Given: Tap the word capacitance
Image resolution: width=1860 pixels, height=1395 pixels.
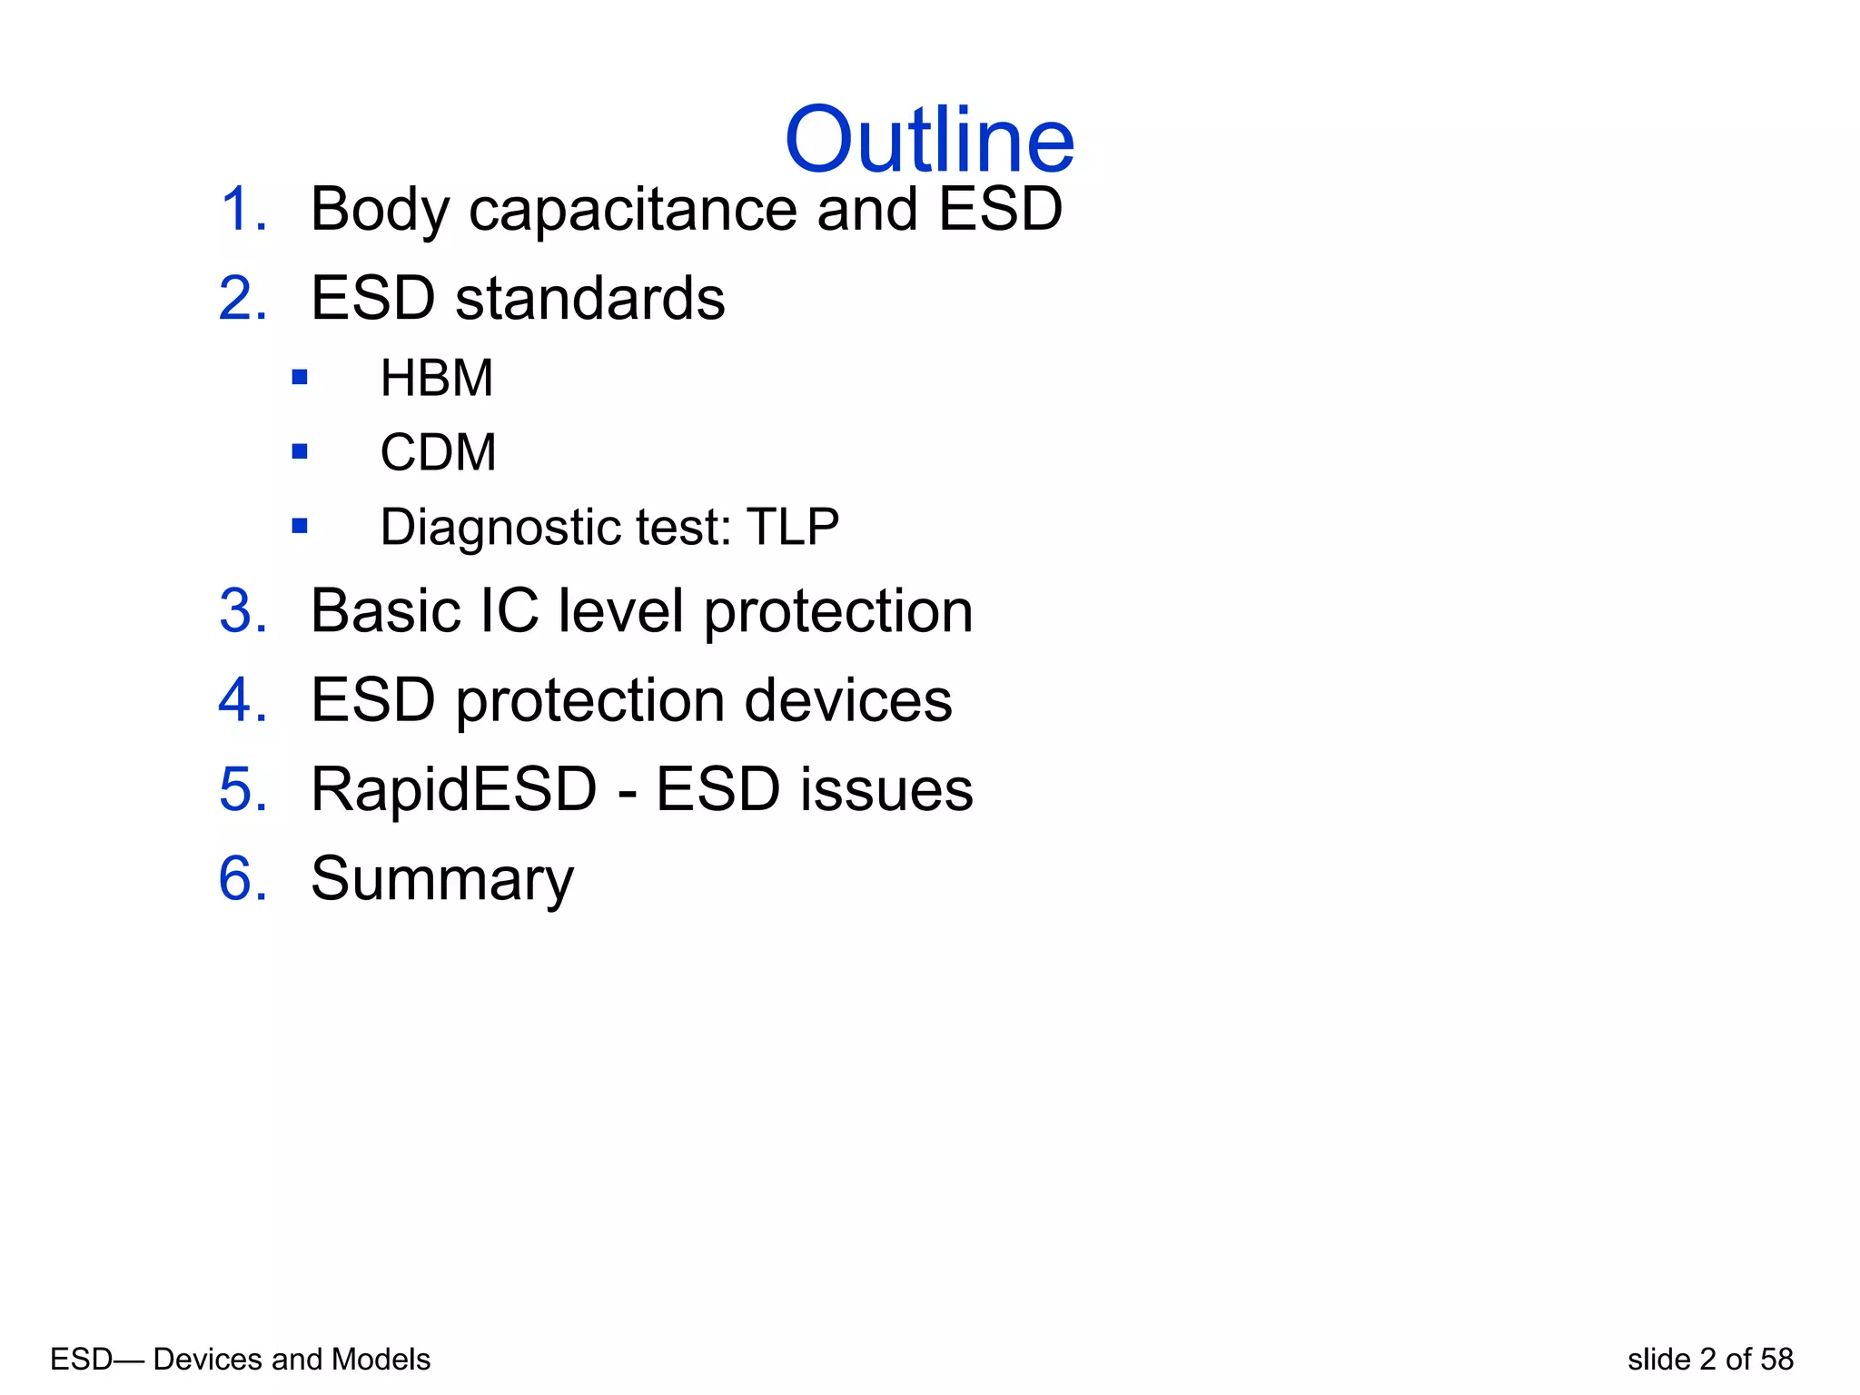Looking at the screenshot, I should [633, 210].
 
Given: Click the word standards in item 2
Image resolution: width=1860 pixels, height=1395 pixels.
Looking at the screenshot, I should [589, 299].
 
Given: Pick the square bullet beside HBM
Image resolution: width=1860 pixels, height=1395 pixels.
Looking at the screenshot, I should [300, 377].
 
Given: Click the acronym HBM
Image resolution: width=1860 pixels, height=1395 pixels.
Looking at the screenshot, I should [436, 378].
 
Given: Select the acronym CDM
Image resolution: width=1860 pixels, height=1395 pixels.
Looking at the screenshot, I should [438, 452].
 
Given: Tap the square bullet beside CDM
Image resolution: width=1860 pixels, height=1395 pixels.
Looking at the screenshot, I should [300, 451].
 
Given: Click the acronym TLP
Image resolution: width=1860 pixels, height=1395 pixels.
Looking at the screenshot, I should [792, 527].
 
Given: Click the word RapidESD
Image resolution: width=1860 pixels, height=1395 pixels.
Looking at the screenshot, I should [453, 789].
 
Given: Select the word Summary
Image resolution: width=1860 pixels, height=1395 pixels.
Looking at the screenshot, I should [442, 880].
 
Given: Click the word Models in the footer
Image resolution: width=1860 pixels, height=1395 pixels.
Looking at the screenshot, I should [381, 1360].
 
